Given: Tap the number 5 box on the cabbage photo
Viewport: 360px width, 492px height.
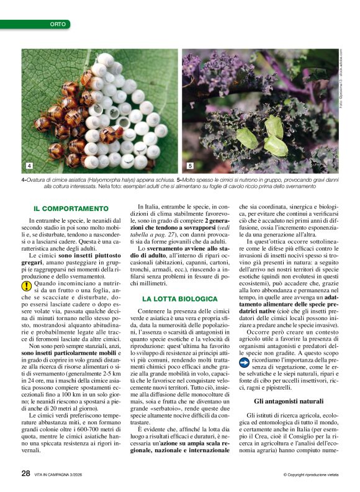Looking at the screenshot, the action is click(190, 166).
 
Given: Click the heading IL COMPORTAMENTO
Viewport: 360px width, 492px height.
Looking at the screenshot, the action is click(71, 208).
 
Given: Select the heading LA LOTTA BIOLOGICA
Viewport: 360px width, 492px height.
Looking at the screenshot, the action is click(179, 298).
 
